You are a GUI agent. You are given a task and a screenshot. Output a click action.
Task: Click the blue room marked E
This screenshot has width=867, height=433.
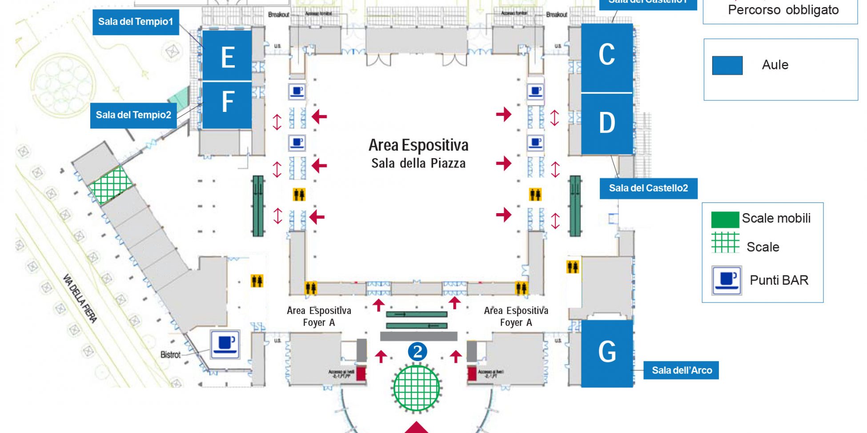[227, 56]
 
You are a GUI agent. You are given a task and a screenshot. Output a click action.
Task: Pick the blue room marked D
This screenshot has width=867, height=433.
[607, 123]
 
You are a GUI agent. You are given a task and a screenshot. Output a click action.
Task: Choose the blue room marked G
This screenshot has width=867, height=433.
[607, 353]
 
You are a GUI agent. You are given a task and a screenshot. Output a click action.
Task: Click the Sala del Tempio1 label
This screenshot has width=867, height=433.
[136, 22]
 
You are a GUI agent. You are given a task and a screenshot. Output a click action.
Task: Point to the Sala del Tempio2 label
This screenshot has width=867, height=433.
[133, 115]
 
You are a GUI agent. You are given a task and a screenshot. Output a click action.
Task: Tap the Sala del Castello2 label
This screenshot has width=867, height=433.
[648, 188]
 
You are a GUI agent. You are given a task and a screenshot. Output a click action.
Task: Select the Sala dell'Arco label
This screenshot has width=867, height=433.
[682, 370]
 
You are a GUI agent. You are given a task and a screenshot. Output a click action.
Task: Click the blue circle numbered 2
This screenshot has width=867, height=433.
[417, 352]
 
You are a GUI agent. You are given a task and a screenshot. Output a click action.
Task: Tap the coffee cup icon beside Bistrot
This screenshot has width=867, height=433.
[225, 344]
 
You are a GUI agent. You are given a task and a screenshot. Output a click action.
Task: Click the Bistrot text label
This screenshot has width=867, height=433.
[170, 355]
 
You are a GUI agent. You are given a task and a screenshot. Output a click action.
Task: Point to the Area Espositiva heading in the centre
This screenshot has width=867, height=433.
[418, 146]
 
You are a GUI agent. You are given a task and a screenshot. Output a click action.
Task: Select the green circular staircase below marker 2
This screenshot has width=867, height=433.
[417, 388]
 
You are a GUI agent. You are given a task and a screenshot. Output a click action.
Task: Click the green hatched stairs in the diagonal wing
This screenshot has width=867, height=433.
[111, 185]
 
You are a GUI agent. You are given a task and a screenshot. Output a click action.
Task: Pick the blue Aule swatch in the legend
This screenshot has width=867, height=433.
[727, 65]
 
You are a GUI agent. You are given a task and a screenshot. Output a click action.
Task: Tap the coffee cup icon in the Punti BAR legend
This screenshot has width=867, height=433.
[727, 280]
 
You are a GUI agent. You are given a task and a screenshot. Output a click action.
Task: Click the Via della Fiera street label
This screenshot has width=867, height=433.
[80, 298]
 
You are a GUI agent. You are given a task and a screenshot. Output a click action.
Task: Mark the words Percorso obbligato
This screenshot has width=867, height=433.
[783, 10]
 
